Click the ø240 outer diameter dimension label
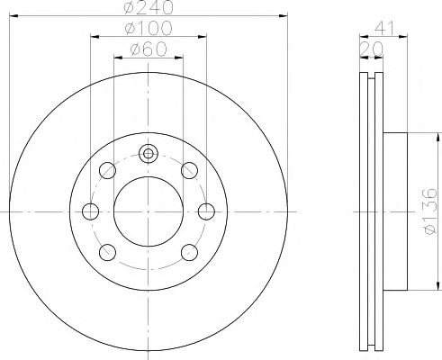pyautogui.click(x=149, y=8)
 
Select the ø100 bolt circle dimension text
pyautogui.click(x=149, y=30)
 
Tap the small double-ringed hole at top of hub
pyautogui.click(x=149, y=153)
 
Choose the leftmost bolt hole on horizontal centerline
pyautogui.click(x=91, y=211)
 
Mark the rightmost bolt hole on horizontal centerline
pyautogui.click(x=206, y=211)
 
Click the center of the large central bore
pyautogui.click(x=149, y=211)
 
